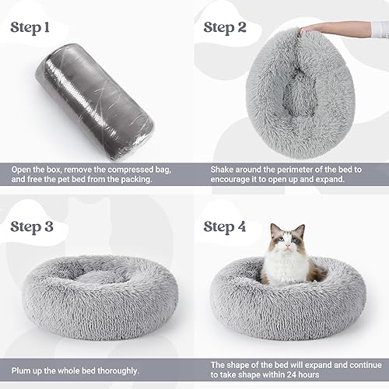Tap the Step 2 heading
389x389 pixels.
[x=235, y=28]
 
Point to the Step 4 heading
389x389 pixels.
[x=235, y=226]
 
